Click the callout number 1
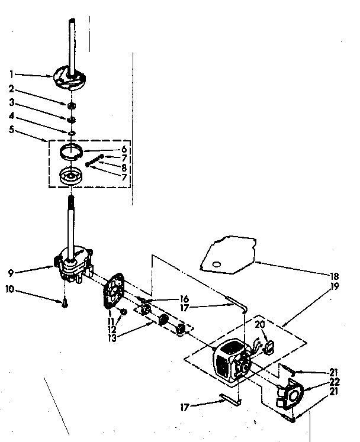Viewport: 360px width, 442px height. pyautogui.click(x=11, y=75)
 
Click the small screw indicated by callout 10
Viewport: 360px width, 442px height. pyautogui.click(x=63, y=303)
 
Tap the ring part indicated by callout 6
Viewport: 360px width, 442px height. pyautogui.click(x=77, y=154)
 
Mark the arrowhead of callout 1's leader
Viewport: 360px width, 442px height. pyautogui.click(x=53, y=76)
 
